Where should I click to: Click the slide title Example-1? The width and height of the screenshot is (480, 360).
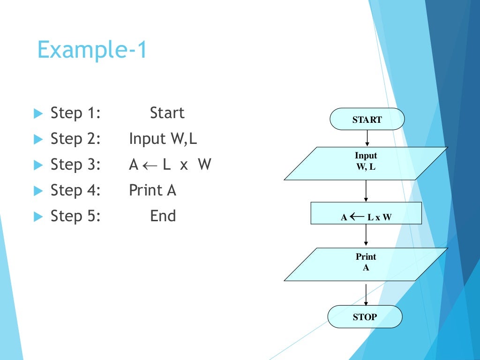coord(92,50)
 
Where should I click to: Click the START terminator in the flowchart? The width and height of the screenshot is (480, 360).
coord(367,119)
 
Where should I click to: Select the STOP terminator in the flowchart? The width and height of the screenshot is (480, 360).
coord(365,317)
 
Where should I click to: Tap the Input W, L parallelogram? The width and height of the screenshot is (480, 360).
coord(366,163)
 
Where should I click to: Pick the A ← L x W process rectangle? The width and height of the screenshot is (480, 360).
coord(366,213)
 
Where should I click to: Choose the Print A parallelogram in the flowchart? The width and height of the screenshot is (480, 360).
coord(366,264)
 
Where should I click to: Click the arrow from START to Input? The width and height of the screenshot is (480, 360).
coord(367,138)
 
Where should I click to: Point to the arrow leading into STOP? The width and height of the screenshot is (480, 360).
coord(366,294)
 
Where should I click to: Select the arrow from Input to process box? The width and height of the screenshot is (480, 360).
coord(366,191)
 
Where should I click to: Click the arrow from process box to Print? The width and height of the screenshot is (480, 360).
coord(366,236)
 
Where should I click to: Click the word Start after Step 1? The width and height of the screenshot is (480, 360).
coord(167,113)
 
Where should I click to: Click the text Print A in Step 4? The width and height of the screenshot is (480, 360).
coord(152,190)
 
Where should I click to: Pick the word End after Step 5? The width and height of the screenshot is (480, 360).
coord(163,216)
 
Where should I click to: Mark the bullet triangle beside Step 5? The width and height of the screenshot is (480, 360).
coord(38,217)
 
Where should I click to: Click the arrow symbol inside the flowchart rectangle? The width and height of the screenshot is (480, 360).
coord(357,217)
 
